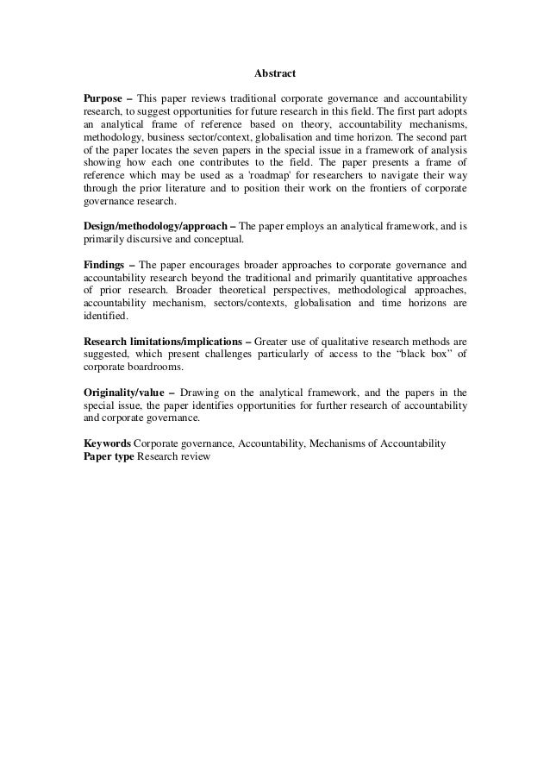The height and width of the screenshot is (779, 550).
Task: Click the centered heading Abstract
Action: [x=275, y=74]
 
